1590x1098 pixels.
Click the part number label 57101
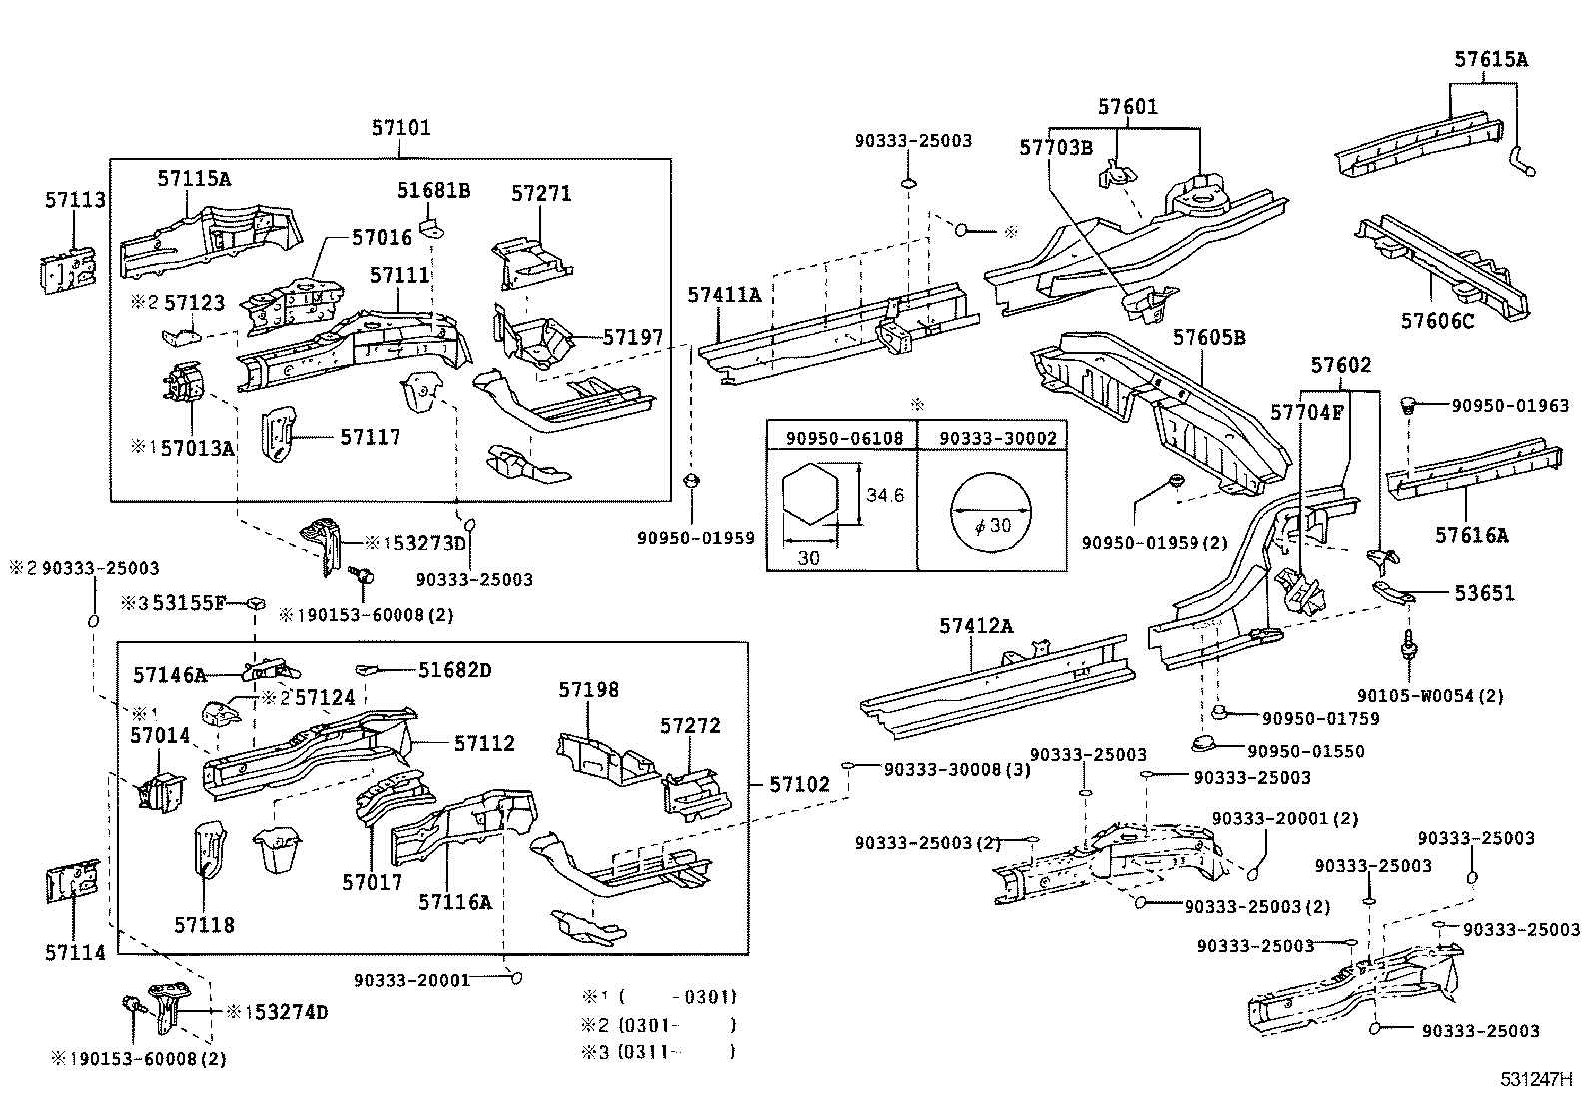pyautogui.click(x=400, y=128)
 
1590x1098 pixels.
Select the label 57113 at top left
pyautogui.click(x=74, y=200)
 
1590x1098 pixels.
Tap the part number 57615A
pyautogui.click(x=1490, y=59)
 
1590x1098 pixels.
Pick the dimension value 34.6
pyautogui.click(x=884, y=495)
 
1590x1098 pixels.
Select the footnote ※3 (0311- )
pyautogui.click(x=659, y=1051)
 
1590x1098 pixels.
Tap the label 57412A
pyautogui.click(x=975, y=626)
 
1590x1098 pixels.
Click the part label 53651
pyautogui.click(x=1483, y=593)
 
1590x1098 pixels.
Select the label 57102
pyautogui.click(x=799, y=785)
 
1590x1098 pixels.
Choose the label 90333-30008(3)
pyautogui.click(x=942, y=768)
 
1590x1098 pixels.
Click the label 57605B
pyautogui.click(x=1208, y=337)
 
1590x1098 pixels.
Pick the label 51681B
pyautogui.click(x=433, y=191)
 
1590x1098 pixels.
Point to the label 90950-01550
pyautogui.click(x=1313, y=751)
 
